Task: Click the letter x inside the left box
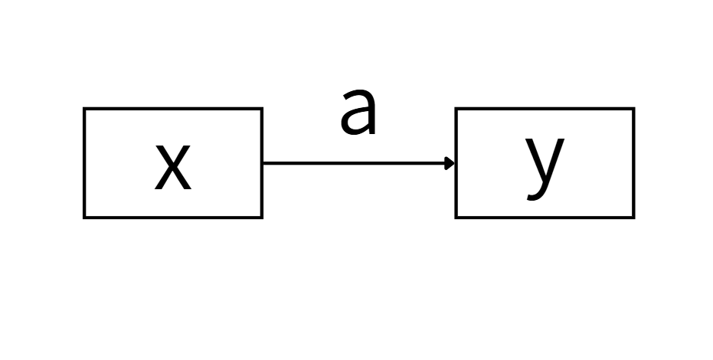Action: pos(172,167)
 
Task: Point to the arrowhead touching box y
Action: pos(450,162)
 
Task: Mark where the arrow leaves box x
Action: pos(263,162)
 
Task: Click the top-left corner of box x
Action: pos(84,109)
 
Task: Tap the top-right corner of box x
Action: pos(262,109)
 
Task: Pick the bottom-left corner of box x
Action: pos(84,218)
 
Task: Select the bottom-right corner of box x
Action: pos(262,218)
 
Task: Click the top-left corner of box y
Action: pos(456,109)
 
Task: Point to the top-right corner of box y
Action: pos(633,109)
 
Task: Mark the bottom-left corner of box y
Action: pos(456,218)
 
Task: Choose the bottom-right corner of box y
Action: pos(633,218)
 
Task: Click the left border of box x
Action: pos(84,163)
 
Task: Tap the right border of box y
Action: pos(633,163)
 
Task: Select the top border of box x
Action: pos(173,109)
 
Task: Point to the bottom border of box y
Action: pos(545,218)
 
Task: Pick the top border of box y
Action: pos(545,109)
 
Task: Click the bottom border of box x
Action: pos(173,218)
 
